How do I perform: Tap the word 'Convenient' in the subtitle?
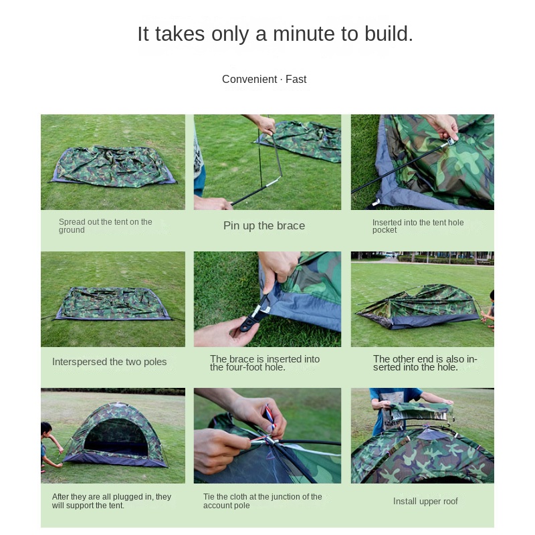249,80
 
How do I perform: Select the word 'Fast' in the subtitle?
296,80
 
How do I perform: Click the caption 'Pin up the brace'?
264,226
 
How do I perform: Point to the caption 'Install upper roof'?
425,502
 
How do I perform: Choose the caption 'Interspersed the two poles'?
110,362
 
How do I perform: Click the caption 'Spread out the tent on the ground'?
105,226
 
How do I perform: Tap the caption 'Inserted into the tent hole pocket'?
418,226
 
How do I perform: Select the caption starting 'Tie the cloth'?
262,501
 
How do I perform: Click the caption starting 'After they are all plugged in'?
112,501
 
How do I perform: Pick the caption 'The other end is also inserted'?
425,363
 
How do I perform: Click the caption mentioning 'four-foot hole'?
265,363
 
